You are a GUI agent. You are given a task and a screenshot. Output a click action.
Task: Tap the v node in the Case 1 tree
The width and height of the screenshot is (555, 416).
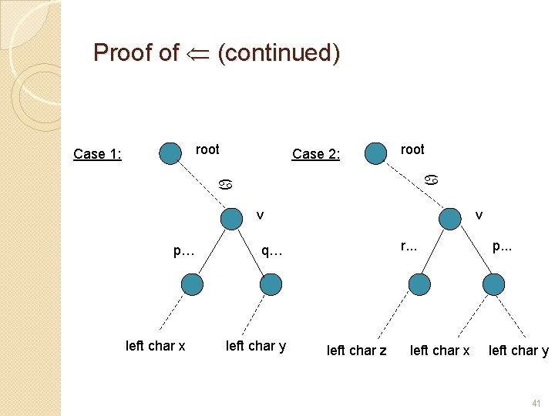[x=231, y=219]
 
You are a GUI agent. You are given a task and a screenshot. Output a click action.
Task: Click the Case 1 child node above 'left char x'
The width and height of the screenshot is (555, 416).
[x=193, y=285]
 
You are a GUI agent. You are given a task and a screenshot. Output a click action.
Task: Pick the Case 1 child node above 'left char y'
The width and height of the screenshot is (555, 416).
[x=271, y=285]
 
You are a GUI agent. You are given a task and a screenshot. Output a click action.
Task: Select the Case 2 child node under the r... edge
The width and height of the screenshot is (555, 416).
[x=419, y=285]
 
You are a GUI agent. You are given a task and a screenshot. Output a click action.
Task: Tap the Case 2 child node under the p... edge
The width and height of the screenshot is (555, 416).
[x=493, y=285]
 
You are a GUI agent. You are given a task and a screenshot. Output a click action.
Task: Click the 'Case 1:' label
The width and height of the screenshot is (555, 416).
[x=96, y=154]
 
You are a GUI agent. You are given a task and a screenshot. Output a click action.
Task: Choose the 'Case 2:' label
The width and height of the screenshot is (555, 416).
[x=316, y=154]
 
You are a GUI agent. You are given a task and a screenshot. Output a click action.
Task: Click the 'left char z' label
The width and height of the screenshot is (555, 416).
[x=357, y=351]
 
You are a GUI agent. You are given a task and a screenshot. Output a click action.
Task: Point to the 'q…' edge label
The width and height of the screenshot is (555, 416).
[x=271, y=250]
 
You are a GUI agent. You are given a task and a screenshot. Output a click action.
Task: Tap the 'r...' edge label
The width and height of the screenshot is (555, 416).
[x=409, y=247]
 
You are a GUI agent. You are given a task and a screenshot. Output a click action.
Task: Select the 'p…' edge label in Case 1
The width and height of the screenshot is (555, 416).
[x=183, y=250]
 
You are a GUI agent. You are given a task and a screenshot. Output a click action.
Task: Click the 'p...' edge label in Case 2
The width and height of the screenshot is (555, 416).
[x=502, y=247]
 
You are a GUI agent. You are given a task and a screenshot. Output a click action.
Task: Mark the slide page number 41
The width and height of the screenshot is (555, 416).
[x=536, y=403]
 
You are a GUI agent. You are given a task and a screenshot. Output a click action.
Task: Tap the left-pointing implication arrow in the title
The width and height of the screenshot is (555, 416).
[x=197, y=53]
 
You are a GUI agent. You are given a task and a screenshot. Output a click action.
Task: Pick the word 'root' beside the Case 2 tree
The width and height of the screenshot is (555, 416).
[x=412, y=149]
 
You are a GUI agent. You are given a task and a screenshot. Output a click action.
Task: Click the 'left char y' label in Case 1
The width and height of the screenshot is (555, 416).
[x=256, y=346]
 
